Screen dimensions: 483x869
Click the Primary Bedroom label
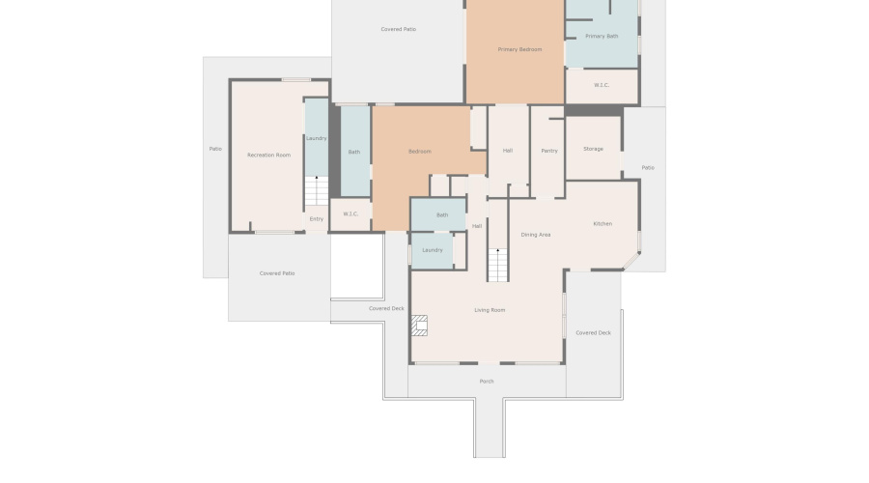click(519, 49)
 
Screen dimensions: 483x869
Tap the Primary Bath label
click(602, 37)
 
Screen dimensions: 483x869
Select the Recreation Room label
click(268, 155)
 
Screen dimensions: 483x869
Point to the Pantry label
click(549, 151)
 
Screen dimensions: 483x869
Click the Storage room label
click(593, 149)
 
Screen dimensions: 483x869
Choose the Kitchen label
click(603, 224)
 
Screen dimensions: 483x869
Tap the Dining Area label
click(536, 235)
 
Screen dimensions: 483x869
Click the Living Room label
click(490, 310)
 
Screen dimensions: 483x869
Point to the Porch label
click(487, 382)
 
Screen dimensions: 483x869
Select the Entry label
click(316, 219)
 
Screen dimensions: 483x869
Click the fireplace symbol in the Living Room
click(420, 326)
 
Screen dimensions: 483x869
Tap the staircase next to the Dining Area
click(497, 265)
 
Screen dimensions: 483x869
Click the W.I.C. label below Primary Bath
click(602, 85)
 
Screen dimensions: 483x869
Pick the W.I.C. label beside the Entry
click(350, 214)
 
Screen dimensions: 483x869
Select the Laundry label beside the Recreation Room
click(316, 138)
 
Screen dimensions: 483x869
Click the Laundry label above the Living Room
click(432, 250)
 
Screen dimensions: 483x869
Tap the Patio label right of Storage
click(648, 168)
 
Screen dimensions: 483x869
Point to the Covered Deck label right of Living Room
click(593, 332)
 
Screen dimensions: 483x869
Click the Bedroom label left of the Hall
click(419, 152)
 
